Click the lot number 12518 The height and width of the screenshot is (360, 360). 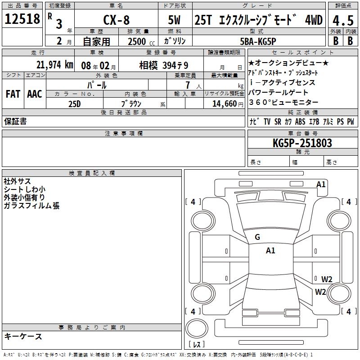[x=22, y=19]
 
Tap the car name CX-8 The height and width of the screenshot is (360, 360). [x=117, y=20]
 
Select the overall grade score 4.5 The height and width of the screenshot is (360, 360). [x=343, y=20]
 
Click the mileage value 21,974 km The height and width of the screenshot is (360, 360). [x=55, y=65]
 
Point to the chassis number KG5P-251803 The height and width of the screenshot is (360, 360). [x=302, y=143]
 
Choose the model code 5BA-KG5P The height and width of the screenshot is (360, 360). [x=258, y=41]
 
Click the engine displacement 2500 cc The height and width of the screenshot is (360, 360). [x=141, y=41]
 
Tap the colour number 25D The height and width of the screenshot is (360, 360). [x=75, y=104]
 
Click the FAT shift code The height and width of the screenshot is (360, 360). [x=13, y=94]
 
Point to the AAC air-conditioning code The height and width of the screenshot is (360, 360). [x=35, y=94]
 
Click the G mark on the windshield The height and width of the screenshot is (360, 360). [x=257, y=237]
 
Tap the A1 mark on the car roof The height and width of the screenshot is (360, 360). [x=270, y=251]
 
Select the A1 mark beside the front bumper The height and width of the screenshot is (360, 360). [x=321, y=184]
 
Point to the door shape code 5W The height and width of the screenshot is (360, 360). [x=174, y=20]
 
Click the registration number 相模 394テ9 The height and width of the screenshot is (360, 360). [x=163, y=66]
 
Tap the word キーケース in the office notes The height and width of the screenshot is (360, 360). [x=23, y=337]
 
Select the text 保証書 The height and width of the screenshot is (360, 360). [x=15, y=121]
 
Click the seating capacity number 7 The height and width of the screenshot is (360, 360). [x=188, y=85]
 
